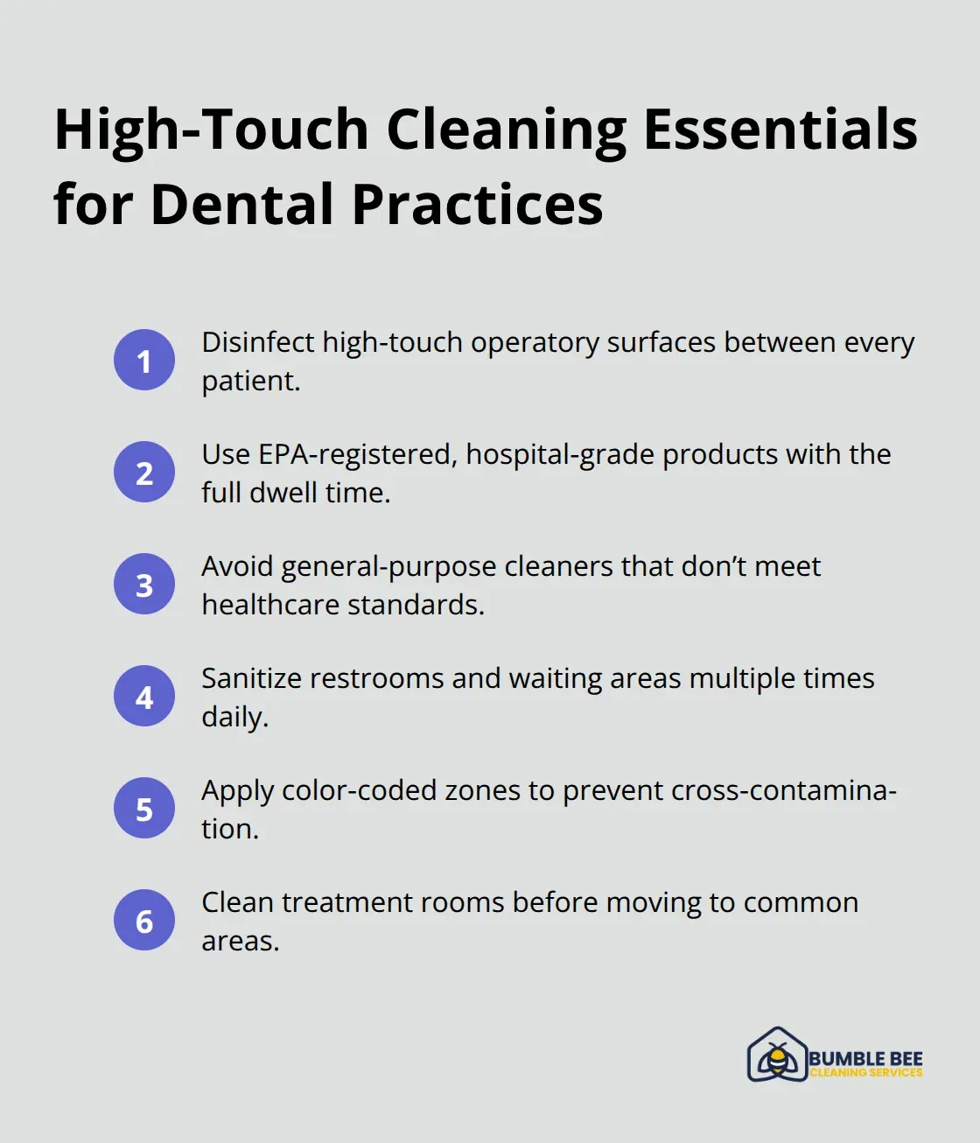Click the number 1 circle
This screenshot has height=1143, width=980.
pos(144,361)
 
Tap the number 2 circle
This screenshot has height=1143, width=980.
pos(144,473)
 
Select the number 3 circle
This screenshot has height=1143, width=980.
pos(144,585)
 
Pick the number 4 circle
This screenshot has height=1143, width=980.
pos(144,697)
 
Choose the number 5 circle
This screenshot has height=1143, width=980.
pos(144,809)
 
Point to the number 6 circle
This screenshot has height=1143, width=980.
pos(144,921)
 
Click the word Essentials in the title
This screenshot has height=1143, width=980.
pos(780,130)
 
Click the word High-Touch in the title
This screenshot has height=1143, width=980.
pos(211,130)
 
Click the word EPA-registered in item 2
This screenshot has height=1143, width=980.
pos(358,455)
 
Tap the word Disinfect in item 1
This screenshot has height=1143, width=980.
pos(258,342)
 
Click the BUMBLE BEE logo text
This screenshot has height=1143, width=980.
pos(865,1058)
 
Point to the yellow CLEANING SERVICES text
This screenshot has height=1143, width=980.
pos(865,1073)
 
